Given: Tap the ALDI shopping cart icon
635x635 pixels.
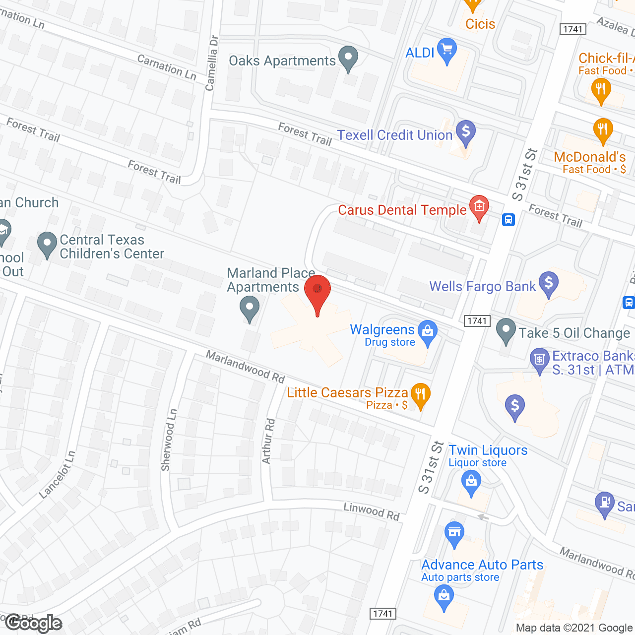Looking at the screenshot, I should pos(447,50).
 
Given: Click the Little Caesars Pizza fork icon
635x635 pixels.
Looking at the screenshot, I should pos(421,395).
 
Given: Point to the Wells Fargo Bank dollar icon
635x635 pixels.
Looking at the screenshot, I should pos(549,283).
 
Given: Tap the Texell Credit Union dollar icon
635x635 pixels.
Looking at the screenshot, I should pos(466,132).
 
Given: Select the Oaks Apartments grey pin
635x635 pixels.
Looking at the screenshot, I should pos(348,58).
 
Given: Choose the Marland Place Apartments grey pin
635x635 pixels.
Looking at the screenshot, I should pos(250,308).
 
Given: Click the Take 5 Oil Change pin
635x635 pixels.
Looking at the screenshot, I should pos(506,330).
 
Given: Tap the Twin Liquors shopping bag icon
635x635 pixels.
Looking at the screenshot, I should pos(471,481).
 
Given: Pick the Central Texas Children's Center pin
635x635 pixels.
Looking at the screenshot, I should pos(47,244).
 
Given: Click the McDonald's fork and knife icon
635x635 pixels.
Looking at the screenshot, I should pos(603,130).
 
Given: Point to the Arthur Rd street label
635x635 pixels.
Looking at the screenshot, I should pos(268,441).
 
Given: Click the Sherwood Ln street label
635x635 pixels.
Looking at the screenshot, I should pos(169,440).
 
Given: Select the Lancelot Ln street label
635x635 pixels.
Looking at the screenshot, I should pos(58,474).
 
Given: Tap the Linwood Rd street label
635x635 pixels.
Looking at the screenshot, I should pos(372,511).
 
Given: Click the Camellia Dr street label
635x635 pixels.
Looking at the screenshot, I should pos(212,63).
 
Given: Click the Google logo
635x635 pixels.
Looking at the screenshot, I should pos(34,623).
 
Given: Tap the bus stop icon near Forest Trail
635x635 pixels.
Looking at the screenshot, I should pos(508,219).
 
